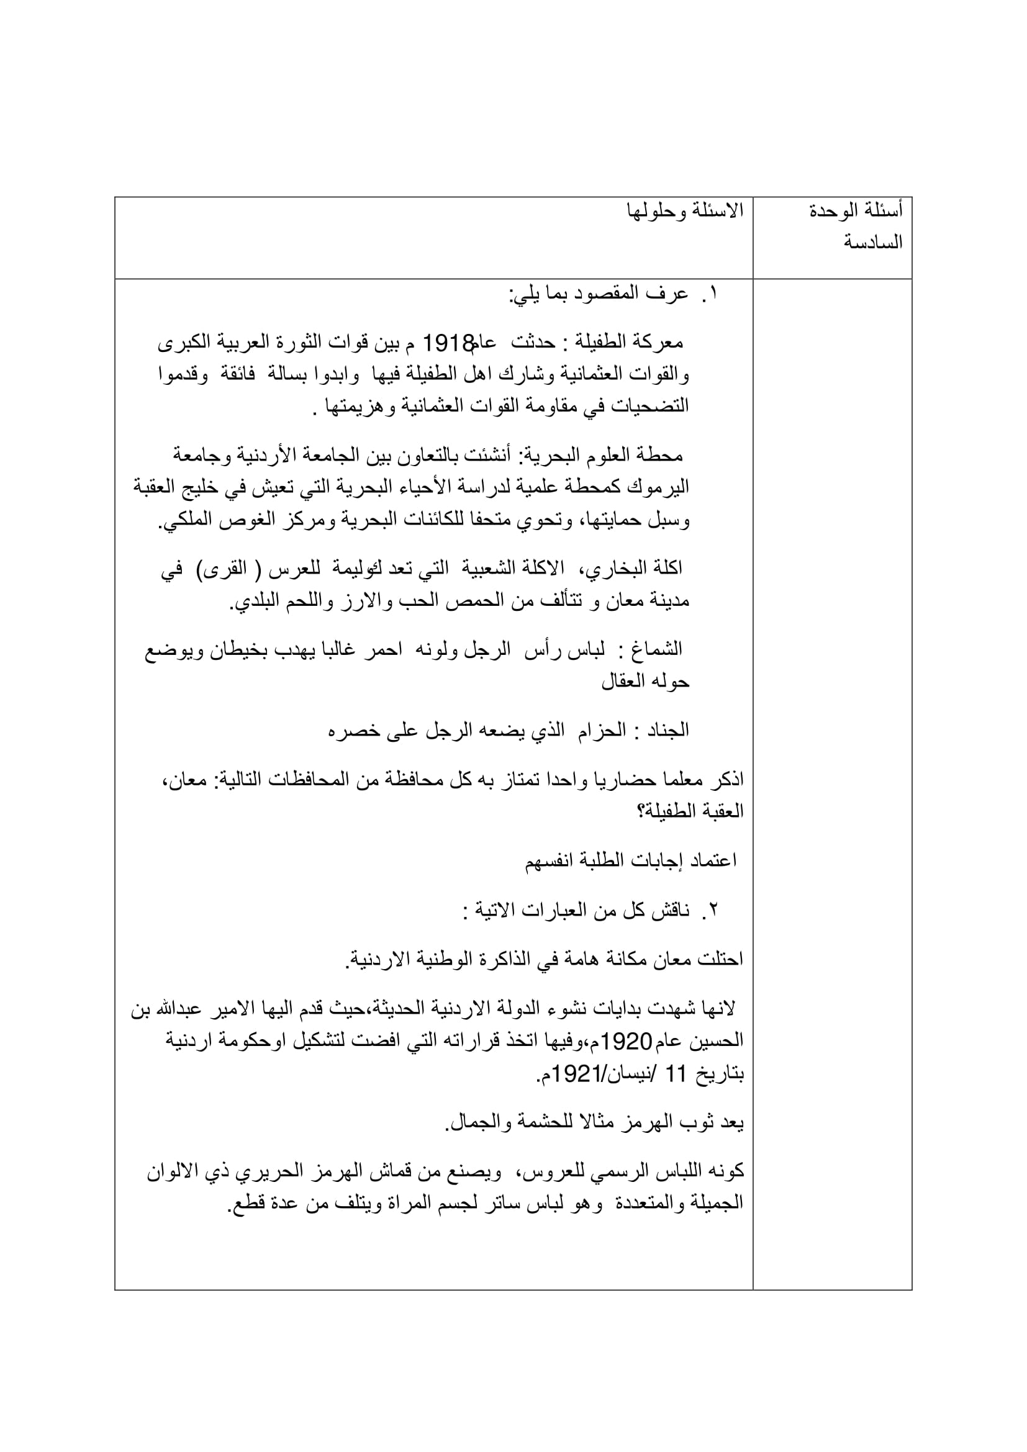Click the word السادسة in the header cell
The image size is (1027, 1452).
point(874,242)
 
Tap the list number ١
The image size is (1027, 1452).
point(713,294)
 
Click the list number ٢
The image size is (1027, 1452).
point(713,911)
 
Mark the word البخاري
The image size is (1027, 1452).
point(617,569)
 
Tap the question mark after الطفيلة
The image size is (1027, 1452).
point(640,811)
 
